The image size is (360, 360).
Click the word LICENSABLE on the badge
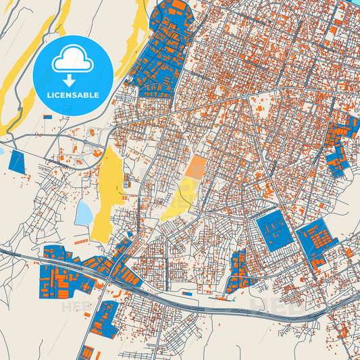(x=72, y=95)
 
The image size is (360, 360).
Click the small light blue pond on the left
(x=84, y=212)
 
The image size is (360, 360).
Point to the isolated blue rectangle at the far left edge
(x=16, y=161)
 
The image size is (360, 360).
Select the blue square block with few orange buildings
(x=274, y=231)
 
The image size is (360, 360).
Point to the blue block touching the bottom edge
(x=86, y=353)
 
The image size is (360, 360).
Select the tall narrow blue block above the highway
(x=238, y=270)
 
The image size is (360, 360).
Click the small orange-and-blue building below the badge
(x=47, y=117)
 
